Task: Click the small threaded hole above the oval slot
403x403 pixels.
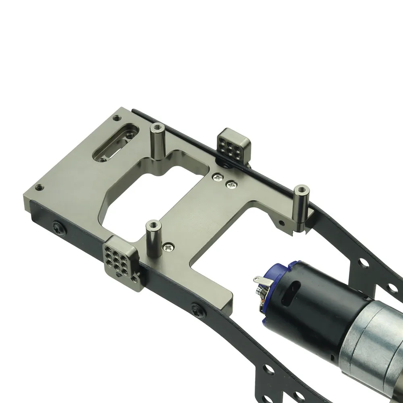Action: pyautogui.click(x=117, y=118)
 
